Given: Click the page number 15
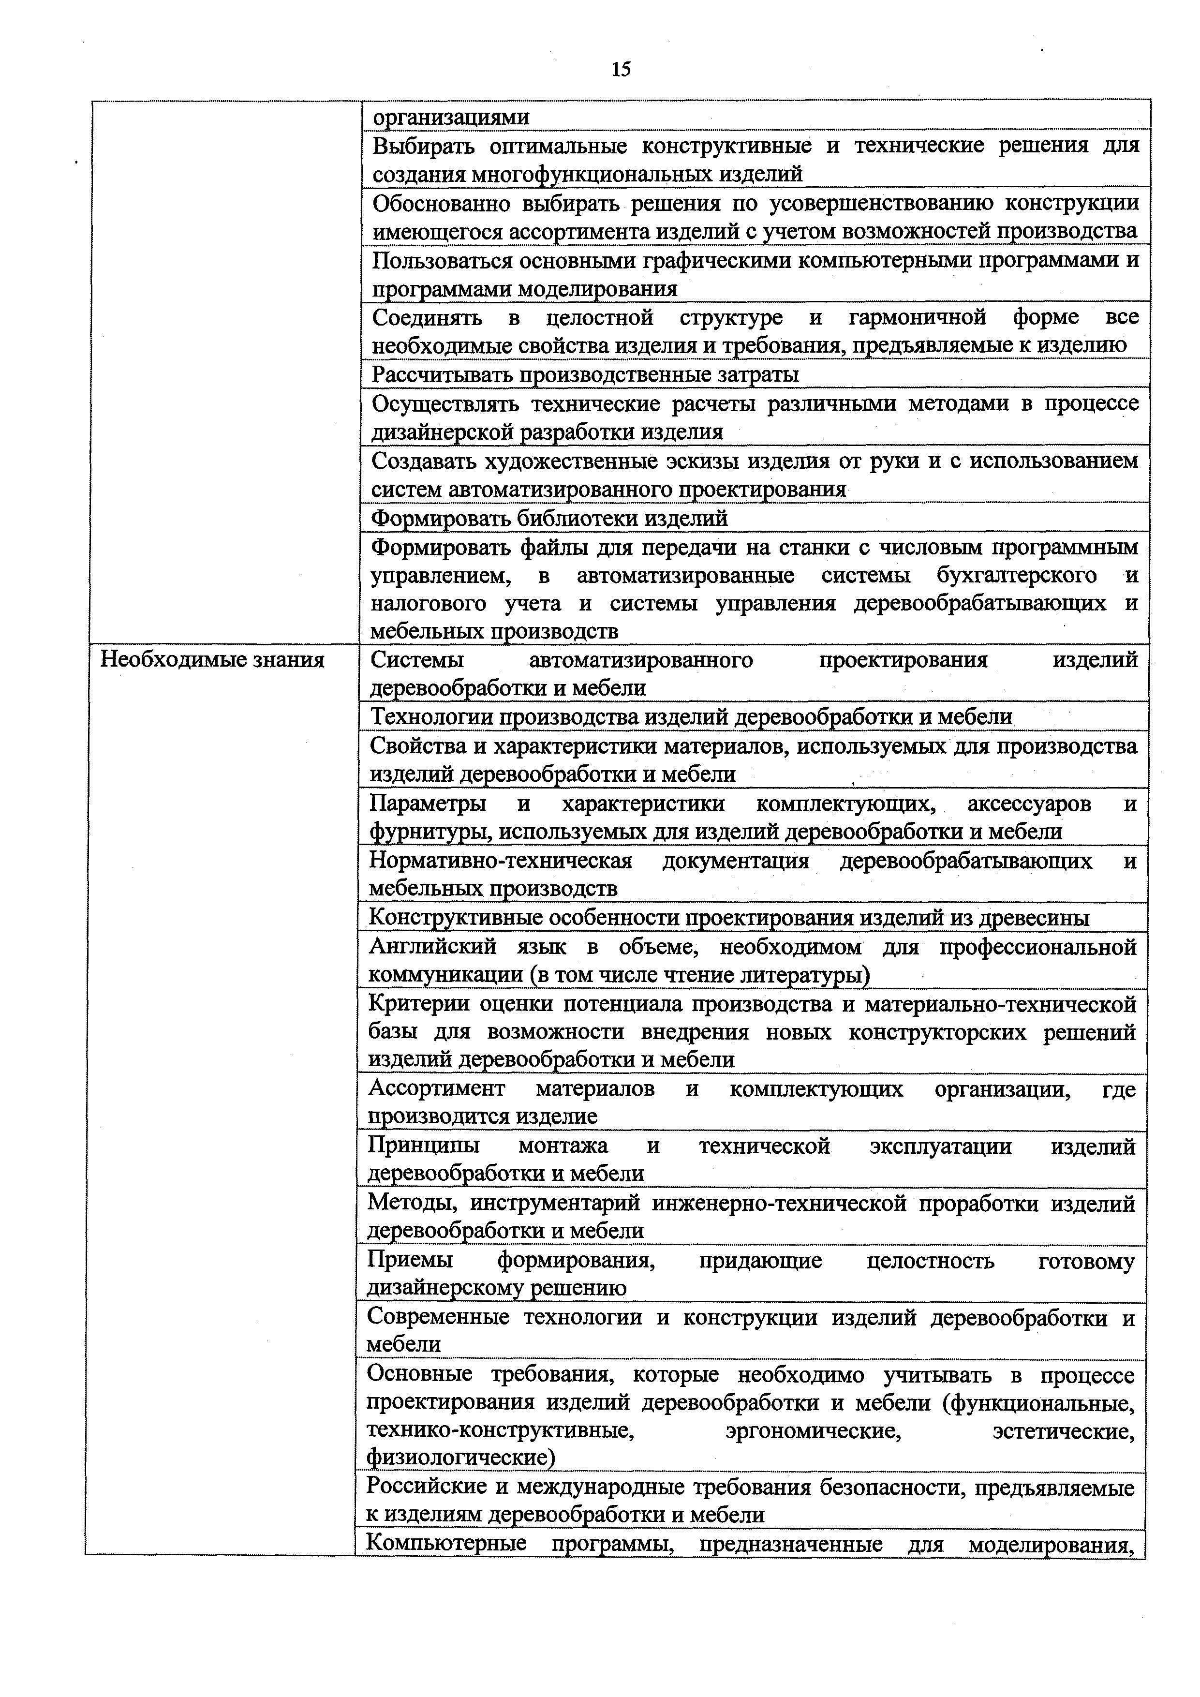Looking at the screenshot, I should pos(621,70).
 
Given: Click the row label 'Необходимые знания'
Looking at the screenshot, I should pos(212,659).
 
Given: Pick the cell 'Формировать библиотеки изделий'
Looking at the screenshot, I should pos(548,518).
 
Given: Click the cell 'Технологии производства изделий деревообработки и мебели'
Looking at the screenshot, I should pos(690,716).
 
